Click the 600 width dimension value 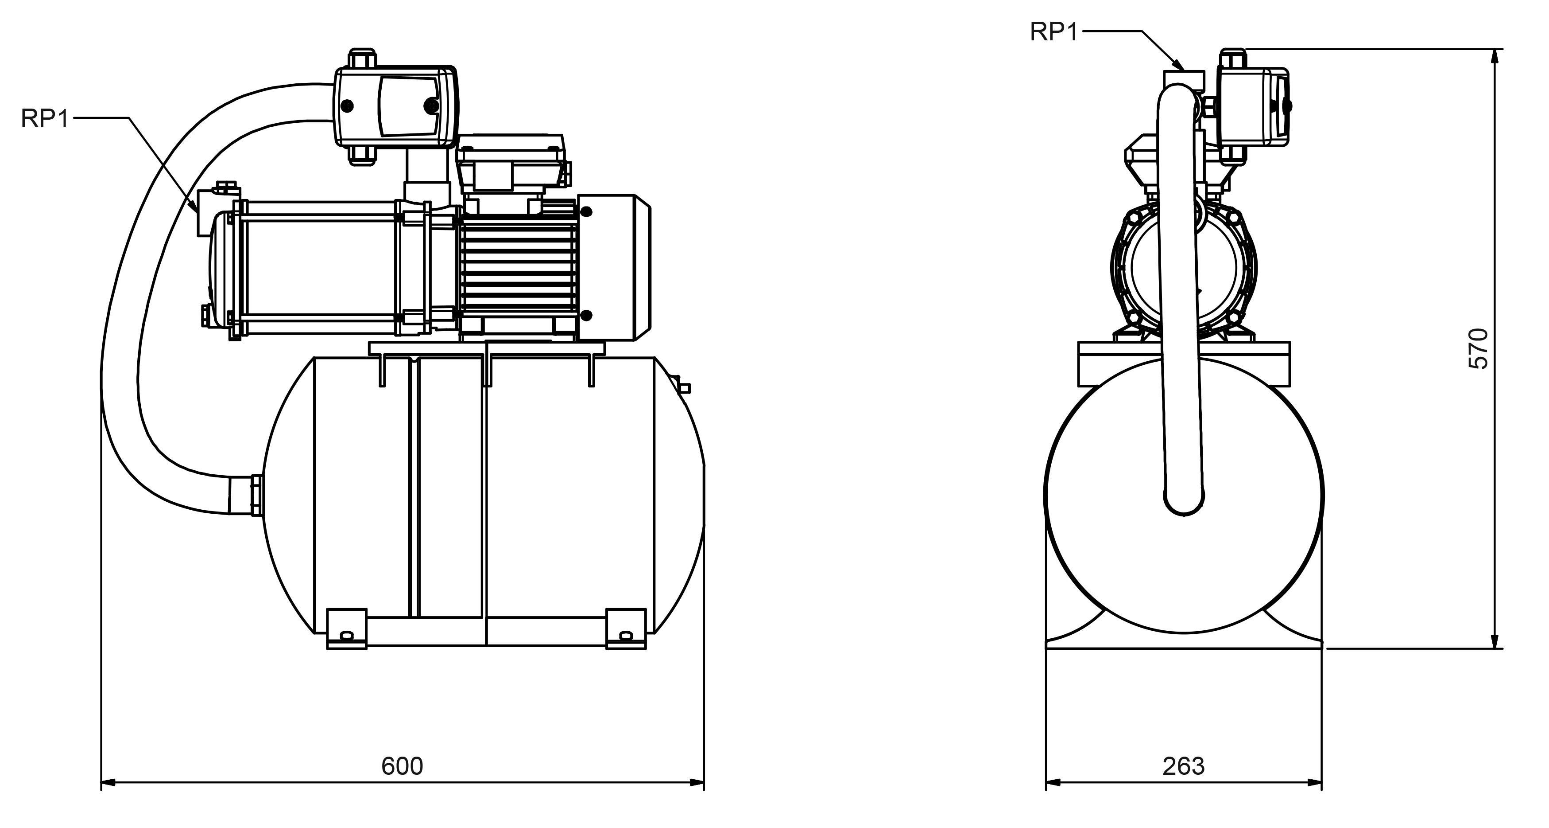pos(402,766)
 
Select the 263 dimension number pos(1183,766)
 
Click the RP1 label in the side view pos(46,118)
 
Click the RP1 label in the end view pos(1054,31)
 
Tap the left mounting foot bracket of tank pos(346,629)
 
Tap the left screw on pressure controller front pos(348,106)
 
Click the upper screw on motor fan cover pos(586,212)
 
